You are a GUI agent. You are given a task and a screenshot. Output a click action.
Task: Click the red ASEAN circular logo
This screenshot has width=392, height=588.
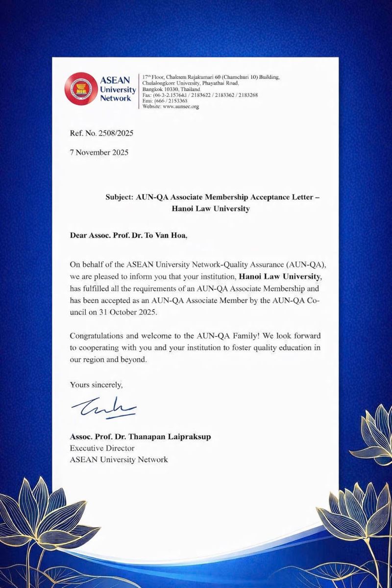[x=81, y=89]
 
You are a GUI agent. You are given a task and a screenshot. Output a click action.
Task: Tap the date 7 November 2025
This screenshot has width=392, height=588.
[x=99, y=152]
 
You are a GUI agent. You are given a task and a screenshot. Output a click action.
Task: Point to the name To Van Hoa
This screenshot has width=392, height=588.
[x=165, y=235]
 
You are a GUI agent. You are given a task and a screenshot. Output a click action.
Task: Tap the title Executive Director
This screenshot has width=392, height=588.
[x=102, y=448]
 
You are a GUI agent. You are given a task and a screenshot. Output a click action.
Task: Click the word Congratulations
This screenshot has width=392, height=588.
[x=98, y=336]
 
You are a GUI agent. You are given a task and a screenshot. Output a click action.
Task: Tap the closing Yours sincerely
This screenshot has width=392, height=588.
[x=97, y=385]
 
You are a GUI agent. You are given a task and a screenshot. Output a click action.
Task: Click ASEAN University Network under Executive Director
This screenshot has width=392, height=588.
[x=119, y=460]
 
